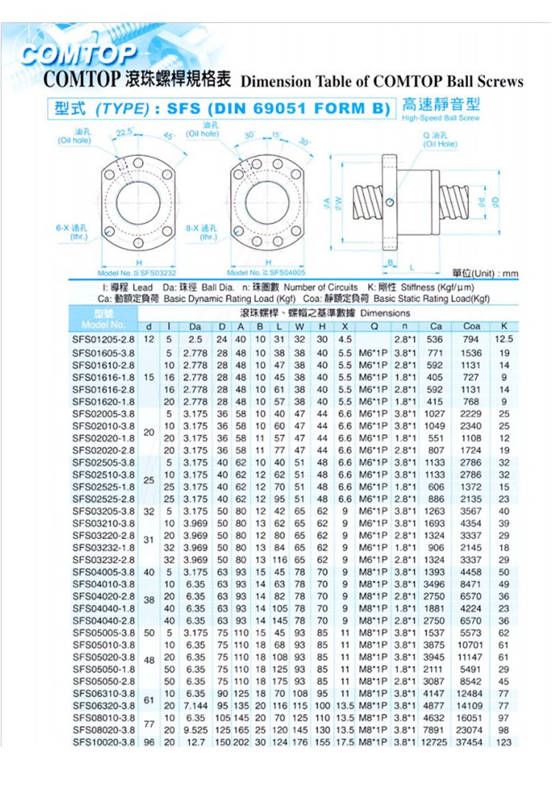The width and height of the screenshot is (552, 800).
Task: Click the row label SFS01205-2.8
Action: click(x=103, y=340)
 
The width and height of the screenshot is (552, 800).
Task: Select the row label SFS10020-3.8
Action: click(x=103, y=742)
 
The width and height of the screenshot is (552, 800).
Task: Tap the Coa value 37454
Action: click(x=470, y=742)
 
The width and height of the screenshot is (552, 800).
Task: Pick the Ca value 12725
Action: click(x=435, y=742)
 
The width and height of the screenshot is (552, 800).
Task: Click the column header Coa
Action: click(x=472, y=326)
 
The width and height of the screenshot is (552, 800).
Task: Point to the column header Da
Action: click(x=195, y=326)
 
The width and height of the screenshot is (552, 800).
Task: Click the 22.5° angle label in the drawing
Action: click(x=124, y=133)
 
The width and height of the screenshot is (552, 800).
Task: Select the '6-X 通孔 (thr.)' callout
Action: click(x=71, y=232)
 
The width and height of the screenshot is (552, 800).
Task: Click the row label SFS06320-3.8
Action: click(x=103, y=705)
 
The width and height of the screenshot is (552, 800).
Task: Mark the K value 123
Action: click(x=503, y=742)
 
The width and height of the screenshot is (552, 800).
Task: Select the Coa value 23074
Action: click(x=470, y=729)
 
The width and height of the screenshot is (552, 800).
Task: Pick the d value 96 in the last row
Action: click(x=149, y=742)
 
